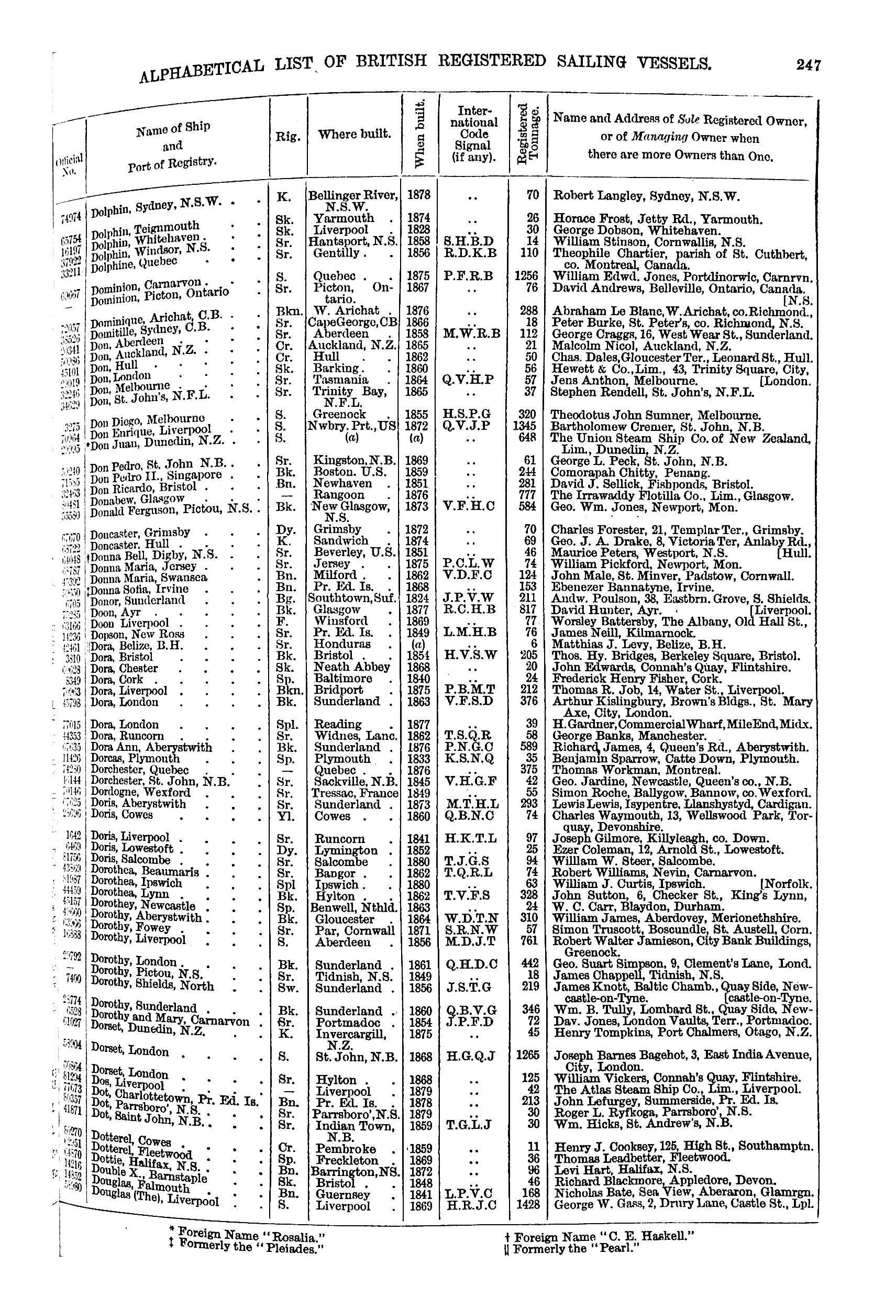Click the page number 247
click(x=809, y=65)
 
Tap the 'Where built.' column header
click(x=354, y=134)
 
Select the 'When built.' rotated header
click(x=421, y=134)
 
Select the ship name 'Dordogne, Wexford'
click(x=140, y=792)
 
